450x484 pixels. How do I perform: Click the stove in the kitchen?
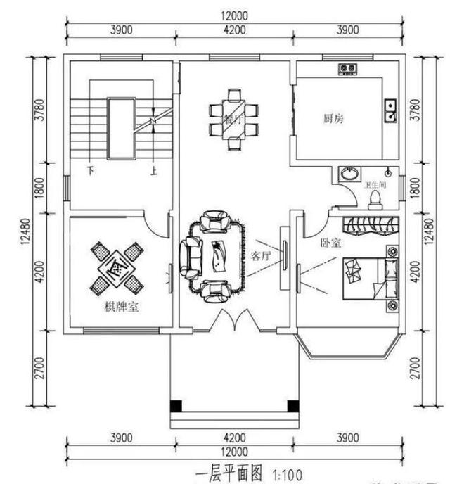click(x=347, y=68)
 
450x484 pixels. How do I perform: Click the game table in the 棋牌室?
click(x=115, y=267)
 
